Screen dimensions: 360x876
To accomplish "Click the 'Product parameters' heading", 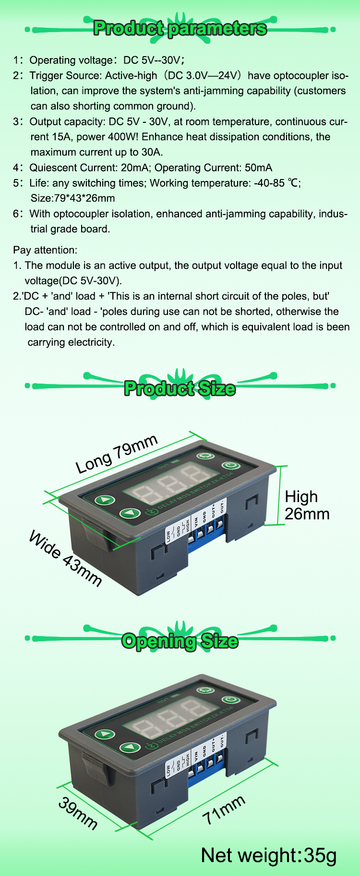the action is click(180, 28).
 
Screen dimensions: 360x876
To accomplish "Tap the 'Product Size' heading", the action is click(180, 388).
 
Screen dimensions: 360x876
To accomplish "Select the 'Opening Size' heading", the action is click(180, 641).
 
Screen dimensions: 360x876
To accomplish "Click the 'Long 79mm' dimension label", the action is click(117, 454).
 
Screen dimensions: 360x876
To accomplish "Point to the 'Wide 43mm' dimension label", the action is click(65, 559).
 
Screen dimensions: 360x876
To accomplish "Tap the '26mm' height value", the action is click(307, 514).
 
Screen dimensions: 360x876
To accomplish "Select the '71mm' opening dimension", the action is click(224, 810).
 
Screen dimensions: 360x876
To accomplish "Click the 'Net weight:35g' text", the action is click(269, 855).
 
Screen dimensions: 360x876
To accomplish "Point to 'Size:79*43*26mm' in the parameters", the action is click(72, 198).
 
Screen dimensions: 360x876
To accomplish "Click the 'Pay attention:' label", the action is click(45, 250).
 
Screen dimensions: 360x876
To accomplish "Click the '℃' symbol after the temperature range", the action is click(293, 183).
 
